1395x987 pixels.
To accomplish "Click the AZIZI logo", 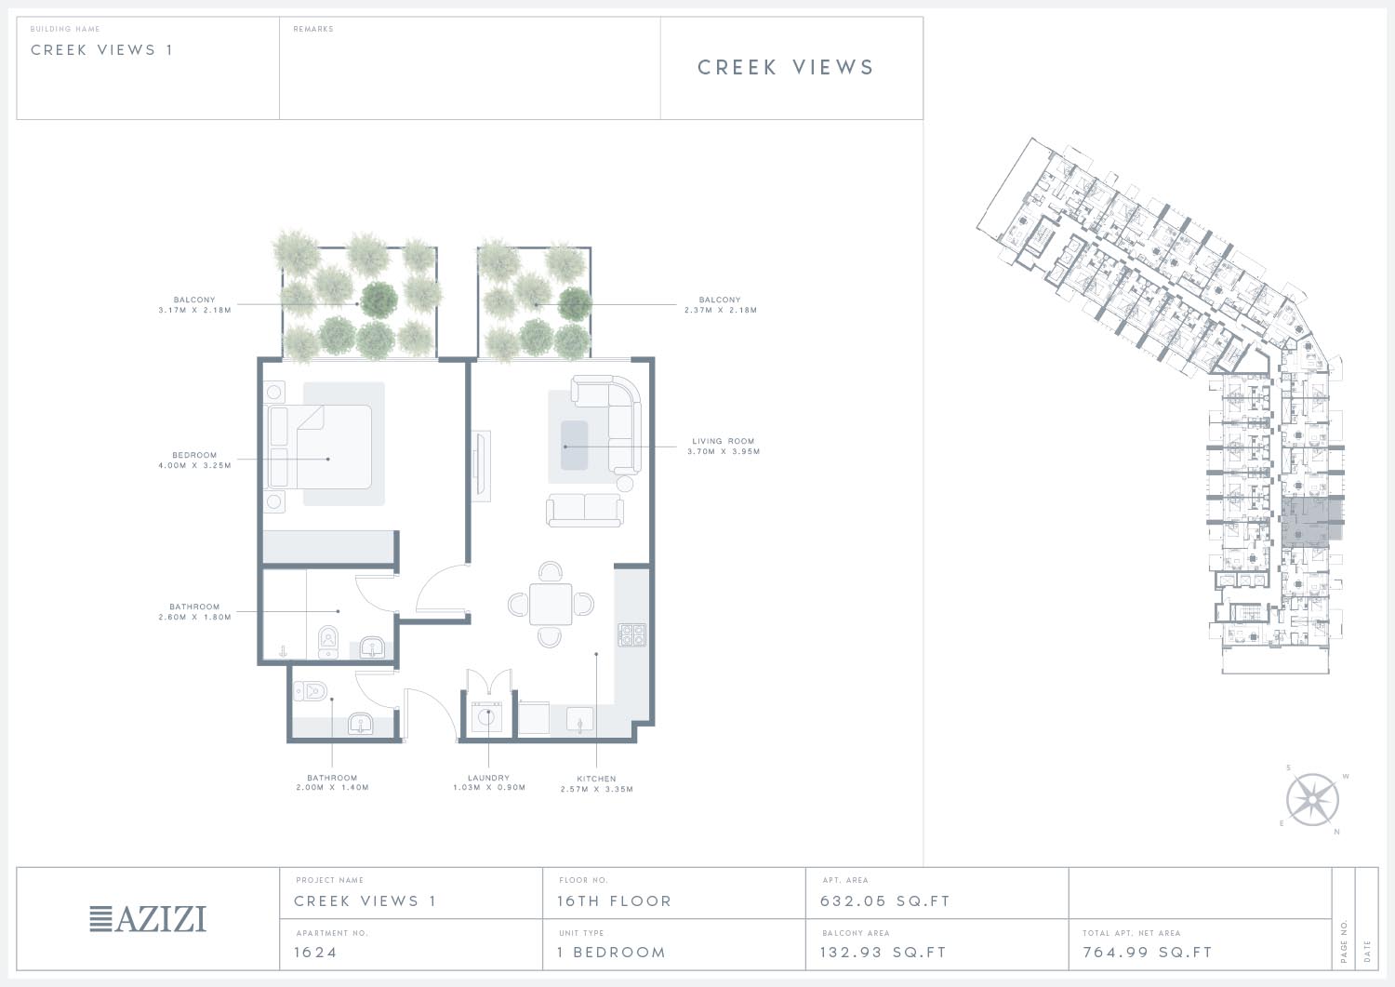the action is pyautogui.click(x=148, y=919).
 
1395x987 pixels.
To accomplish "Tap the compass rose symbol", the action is pyautogui.click(x=1312, y=800).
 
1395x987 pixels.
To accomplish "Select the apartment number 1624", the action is pyautogui.click(x=315, y=953).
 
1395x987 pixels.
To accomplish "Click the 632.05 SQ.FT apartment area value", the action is pyautogui.click(x=885, y=901).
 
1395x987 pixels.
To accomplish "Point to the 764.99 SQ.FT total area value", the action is pyautogui.click(x=1147, y=953).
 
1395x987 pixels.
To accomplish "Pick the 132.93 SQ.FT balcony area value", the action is pyautogui.click(x=883, y=953).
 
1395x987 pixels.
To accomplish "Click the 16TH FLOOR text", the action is pyautogui.click(x=614, y=901).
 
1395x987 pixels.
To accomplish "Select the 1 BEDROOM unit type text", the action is pyautogui.click(x=612, y=953).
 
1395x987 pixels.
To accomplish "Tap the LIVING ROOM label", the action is pyautogui.click(x=723, y=441).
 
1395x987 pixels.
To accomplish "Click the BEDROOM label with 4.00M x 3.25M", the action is pyautogui.click(x=194, y=456).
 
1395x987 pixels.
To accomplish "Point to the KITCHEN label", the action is pyautogui.click(x=597, y=779).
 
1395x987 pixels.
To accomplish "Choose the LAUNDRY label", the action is pyautogui.click(x=489, y=778).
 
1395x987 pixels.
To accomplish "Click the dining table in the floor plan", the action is pyautogui.click(x=551, y=604).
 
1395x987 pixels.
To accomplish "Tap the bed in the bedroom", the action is pyautogui.click(x=320, y=447).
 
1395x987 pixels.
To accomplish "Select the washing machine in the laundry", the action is pyautogui.click(x=486, y=717).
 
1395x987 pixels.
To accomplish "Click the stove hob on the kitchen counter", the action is pyautogui.click(x=631, y=635).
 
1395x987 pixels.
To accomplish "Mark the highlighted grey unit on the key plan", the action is pyautogui.click(x=1311, y=522).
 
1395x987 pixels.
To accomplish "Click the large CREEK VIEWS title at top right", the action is pyautogui.click(x=786, y=67).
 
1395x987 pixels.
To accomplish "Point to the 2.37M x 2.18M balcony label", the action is pyautogui.click(x=721, y=305).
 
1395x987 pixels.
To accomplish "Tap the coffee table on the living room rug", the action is pyautogui.click(x=574, y=446).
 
